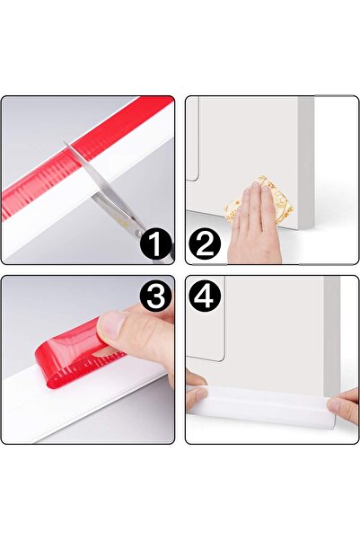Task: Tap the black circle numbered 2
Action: coord(206,244)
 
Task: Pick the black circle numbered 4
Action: coord(206,297)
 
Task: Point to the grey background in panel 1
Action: coord(36,135)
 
